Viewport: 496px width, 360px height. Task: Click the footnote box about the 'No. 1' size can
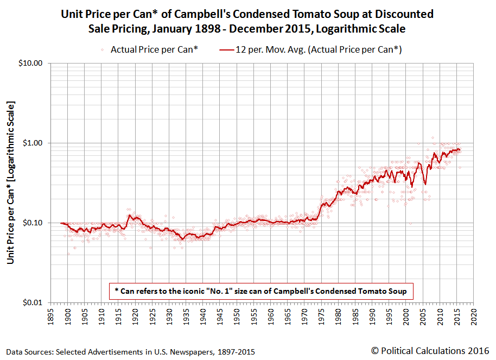tap(261, 290)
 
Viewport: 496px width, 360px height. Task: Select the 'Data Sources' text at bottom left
tap(130, 352)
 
